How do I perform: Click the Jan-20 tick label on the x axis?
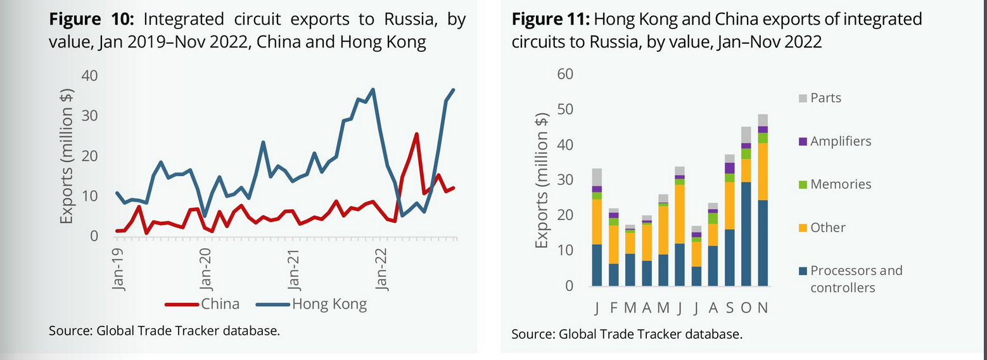coord(206,266)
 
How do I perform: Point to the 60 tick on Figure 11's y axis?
coord(564,74)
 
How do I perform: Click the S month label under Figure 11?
coord(729,308)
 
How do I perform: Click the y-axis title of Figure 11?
coord(542,181)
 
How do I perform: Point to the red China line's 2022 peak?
coord(416,134)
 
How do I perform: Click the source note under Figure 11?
coord(626,334)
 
